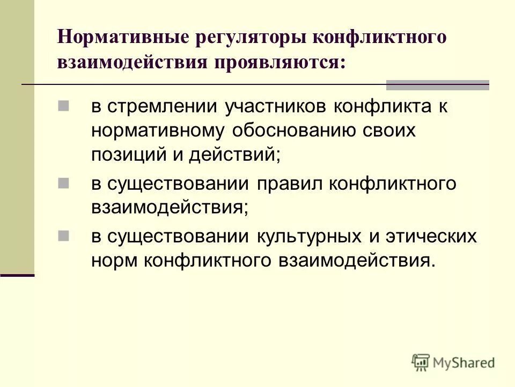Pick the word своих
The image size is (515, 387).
tap(388, 131)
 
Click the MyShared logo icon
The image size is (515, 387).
tap(421, 362)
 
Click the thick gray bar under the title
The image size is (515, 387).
tap(438, 84)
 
